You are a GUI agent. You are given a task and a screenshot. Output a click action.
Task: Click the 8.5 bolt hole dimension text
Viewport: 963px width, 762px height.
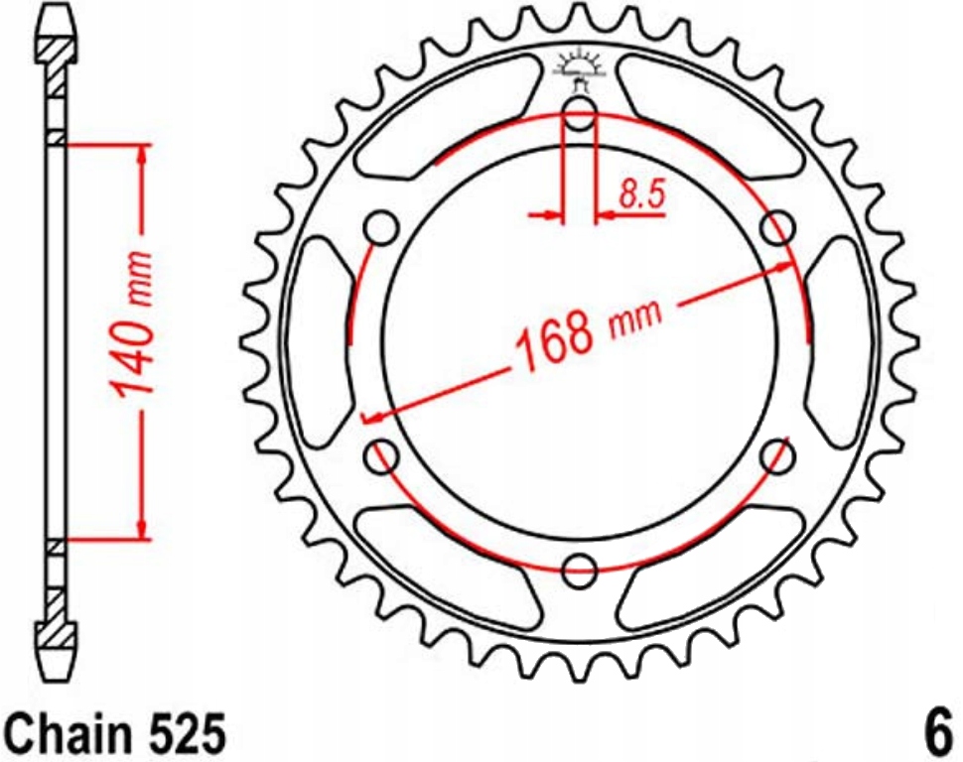[640, 194]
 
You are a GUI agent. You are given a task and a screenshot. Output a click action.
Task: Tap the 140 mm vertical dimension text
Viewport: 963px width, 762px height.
[134, 337]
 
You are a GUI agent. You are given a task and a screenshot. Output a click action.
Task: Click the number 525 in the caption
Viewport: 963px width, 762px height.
[182, 735]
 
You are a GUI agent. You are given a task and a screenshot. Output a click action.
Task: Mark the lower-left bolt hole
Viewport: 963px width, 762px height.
[383, 456]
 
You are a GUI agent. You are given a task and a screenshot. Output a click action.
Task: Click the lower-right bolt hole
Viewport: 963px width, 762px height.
[779, 456]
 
